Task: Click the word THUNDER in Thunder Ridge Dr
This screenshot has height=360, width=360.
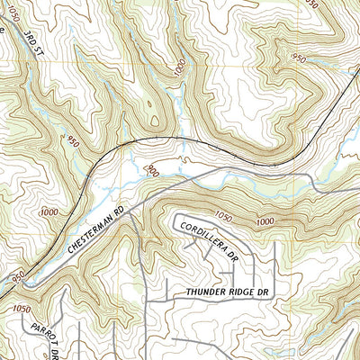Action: [206, 293]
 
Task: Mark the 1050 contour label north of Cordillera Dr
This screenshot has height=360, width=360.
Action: [223, 216]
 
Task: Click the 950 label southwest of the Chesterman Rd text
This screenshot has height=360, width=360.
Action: [18, 278]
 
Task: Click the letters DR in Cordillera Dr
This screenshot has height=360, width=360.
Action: [238, 255]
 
